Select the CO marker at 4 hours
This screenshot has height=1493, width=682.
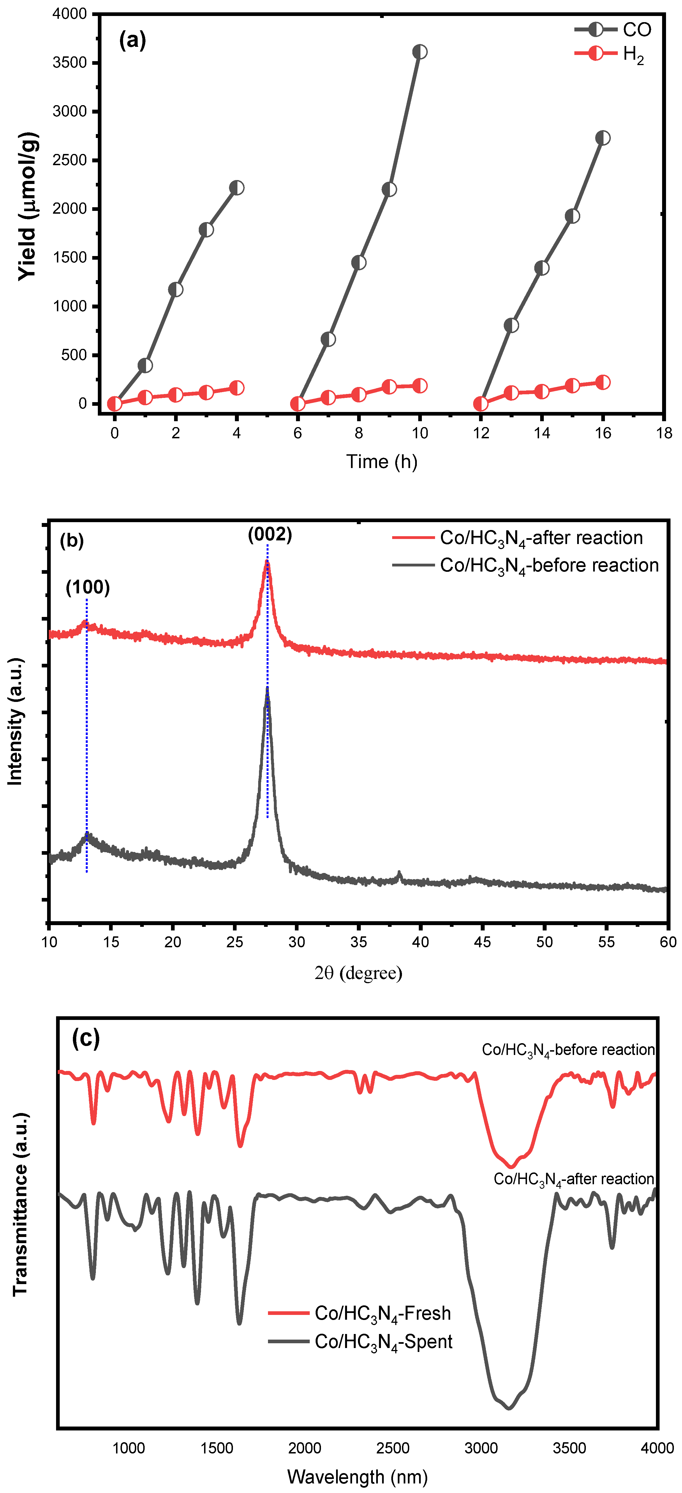tap(236, 188)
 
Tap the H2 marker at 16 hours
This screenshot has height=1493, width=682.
tap(603, 383)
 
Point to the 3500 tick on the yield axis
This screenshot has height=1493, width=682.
tap(70, 63)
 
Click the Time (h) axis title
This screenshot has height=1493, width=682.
tap(382, 462)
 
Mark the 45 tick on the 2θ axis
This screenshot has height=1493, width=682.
tap(482, 942)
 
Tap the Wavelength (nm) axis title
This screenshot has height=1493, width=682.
tap(357, 1477)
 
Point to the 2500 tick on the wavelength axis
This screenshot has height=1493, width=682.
tap(393, 1448)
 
